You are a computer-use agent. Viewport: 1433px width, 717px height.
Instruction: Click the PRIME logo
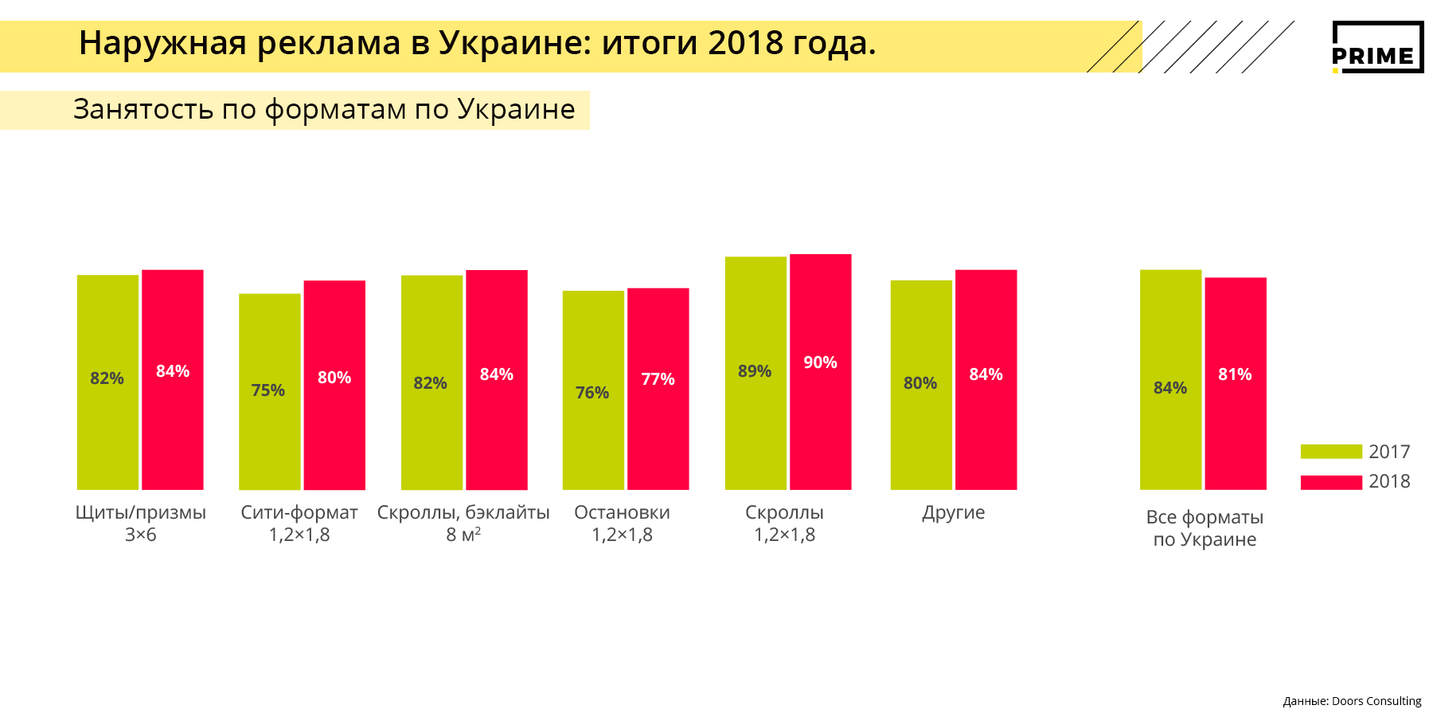(1377, 48)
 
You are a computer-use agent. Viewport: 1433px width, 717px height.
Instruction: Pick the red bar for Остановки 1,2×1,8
(658, 430)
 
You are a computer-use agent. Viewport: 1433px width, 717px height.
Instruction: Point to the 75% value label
(268, 390)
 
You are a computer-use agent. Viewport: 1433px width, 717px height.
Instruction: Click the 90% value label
(820, 362)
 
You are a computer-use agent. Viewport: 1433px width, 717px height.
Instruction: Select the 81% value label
(1235, 374)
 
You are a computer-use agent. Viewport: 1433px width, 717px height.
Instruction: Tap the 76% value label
(592, 393)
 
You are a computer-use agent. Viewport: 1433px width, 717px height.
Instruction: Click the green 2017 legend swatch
(1331, 452)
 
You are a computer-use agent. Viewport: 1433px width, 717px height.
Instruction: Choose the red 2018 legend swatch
(1331, 482)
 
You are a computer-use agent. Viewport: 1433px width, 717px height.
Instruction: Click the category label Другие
(953, 512)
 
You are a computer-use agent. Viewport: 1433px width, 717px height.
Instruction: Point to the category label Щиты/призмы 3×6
(141, 523)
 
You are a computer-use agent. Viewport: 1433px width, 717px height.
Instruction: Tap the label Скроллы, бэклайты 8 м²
(463, 523)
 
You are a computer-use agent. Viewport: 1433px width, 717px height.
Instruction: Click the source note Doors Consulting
(1376, 701)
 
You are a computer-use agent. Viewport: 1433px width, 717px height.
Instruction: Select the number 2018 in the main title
(745, 43)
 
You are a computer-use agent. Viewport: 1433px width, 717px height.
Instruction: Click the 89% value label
(755, 371)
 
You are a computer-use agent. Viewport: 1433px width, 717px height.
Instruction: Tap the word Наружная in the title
(163, 43)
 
